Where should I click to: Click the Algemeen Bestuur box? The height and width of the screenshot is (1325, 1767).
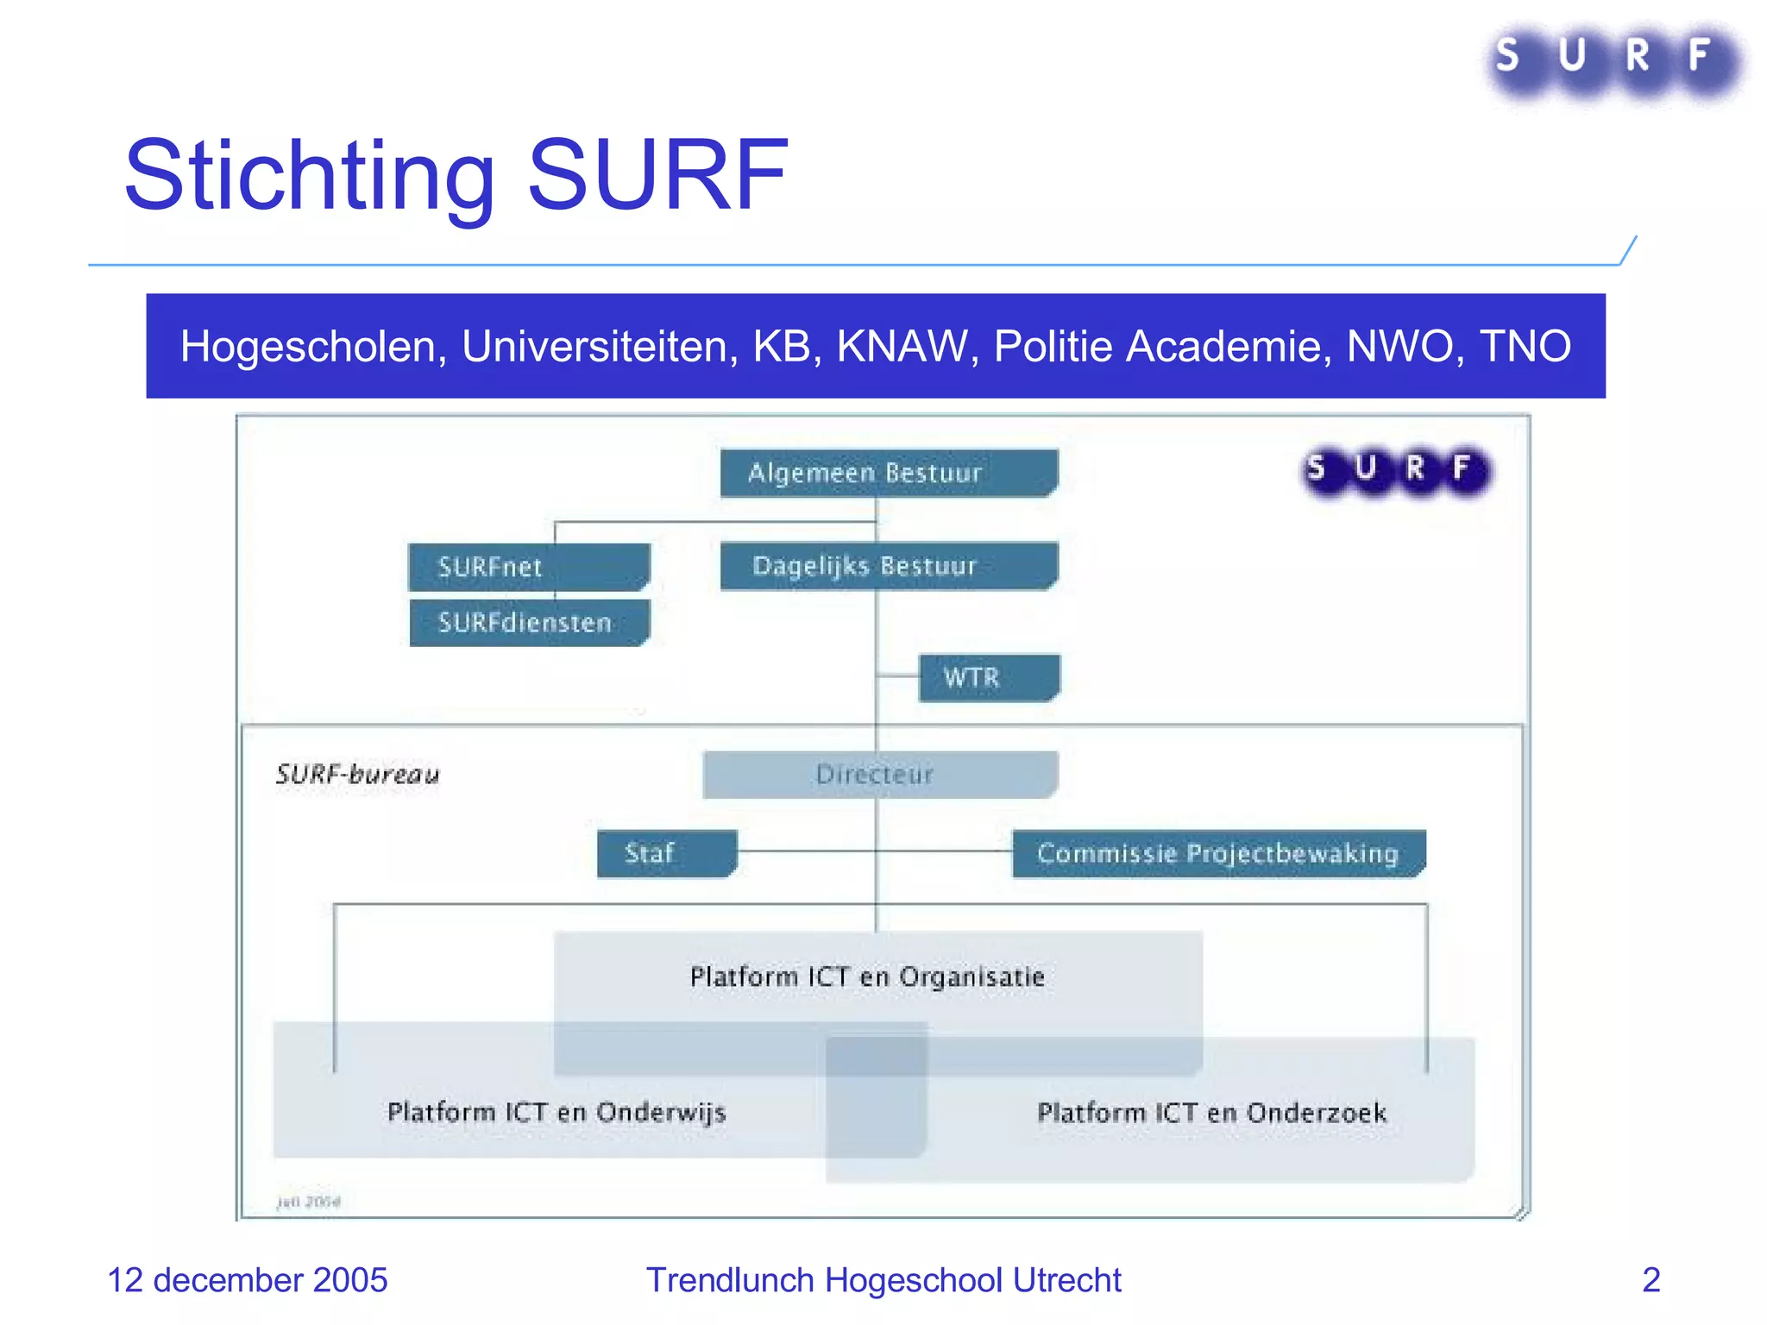889,473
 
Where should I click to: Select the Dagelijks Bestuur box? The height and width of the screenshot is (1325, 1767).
889,566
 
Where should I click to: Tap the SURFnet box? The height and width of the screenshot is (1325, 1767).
528,567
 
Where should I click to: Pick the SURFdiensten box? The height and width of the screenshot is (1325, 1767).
528,622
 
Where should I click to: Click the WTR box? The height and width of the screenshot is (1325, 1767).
989,678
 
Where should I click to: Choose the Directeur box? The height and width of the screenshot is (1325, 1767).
880,774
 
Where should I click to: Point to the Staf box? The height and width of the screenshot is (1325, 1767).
666,853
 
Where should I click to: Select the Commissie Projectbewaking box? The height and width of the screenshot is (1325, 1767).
1217,853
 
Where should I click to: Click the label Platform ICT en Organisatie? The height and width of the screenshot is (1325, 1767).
867,976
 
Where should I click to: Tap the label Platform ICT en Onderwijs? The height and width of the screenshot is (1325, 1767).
557,1112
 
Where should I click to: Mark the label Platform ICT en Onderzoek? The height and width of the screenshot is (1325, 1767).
1211,1113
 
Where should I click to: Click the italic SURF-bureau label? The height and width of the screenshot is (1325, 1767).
357,774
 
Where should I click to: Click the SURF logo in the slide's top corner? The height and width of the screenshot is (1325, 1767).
1613,59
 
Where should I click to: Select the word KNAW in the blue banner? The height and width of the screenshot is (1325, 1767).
901,347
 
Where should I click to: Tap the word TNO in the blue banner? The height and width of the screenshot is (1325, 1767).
1525,347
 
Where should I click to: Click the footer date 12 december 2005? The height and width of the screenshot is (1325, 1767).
247,1280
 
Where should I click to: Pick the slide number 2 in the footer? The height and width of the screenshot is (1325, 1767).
1651,1280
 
